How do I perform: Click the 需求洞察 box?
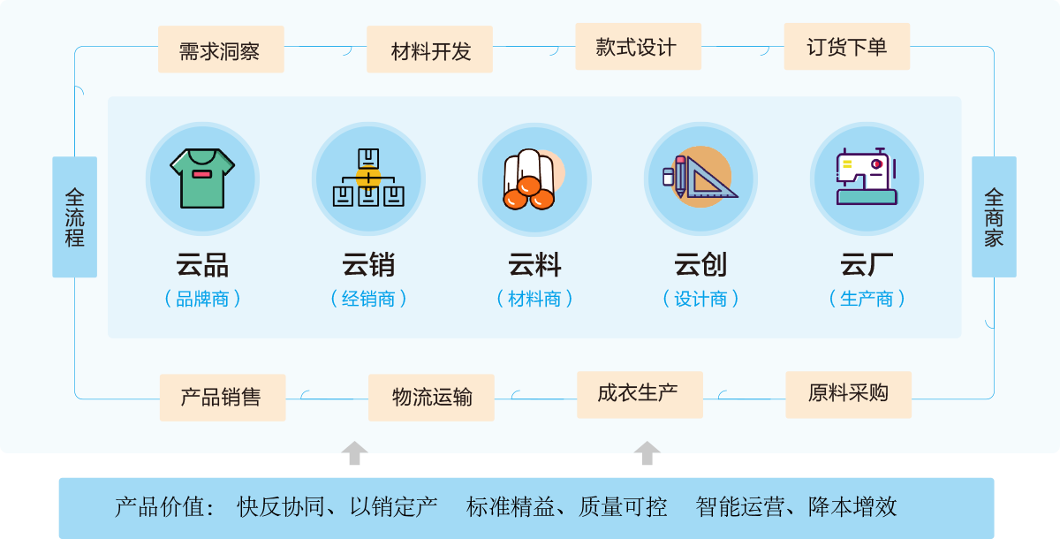(x=220, y=49)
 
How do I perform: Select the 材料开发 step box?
(x=430, y=49)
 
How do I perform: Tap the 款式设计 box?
(x=638, y=47)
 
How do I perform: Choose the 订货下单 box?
(x=846, y=47)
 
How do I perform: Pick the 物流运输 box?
(x=431, y=398)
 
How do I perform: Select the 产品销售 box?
(x=222, y=398)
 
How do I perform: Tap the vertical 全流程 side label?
(x=74, y=216)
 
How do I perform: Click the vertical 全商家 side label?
(x=994, y=216)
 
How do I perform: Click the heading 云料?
(x=534, y=264)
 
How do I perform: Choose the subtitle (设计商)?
(x=700, y=299)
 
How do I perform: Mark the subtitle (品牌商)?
(x=202, y=299)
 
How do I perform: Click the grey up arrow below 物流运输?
(x=354, y=452)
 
